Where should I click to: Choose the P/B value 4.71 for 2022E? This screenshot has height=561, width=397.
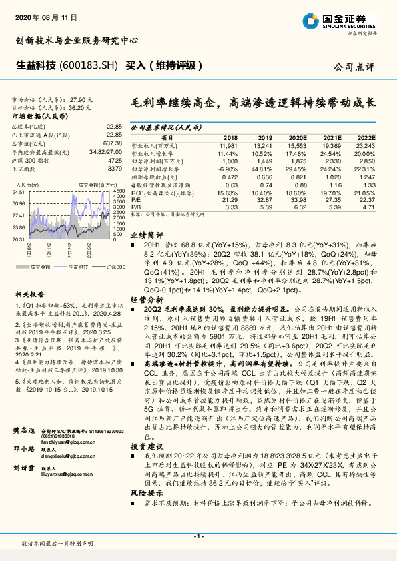point(367,207)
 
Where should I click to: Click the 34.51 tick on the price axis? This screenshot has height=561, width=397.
point(19,191)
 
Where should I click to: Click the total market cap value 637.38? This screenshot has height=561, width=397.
point(113,143)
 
